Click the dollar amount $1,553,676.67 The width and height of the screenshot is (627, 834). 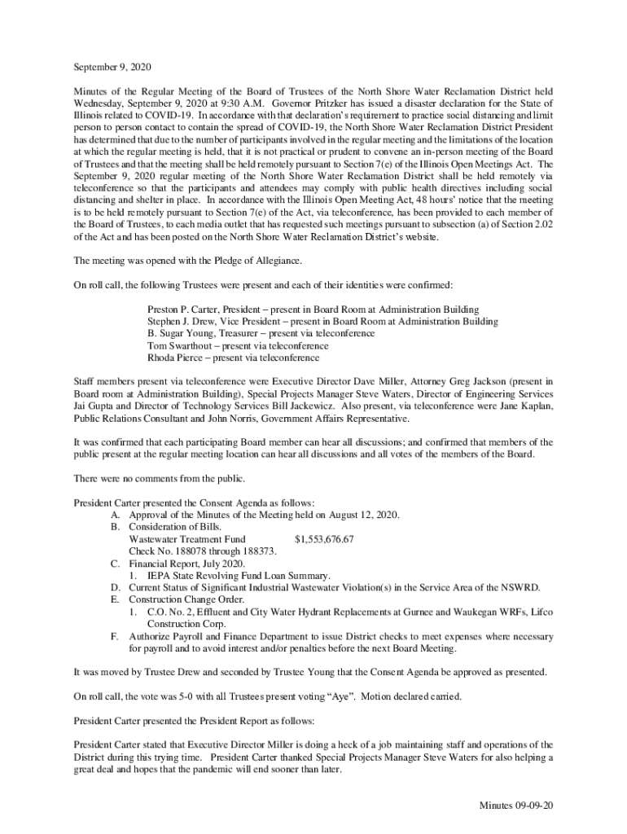(324, 539)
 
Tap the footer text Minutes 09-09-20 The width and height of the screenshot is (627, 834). (516, 805)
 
